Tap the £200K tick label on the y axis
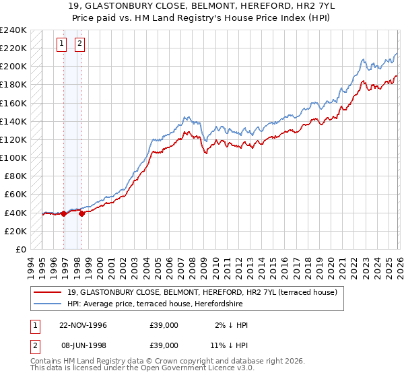13,67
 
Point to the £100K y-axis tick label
13,158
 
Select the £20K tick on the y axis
15,231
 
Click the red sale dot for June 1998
81,213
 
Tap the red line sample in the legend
49,292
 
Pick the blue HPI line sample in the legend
49,303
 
